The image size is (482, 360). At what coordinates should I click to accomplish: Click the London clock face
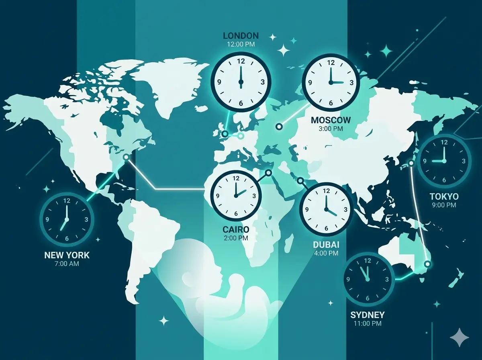pyautogui.click(x=241, y=82)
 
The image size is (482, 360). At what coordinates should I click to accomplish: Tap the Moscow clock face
pyautogui.click(x=331, y=82)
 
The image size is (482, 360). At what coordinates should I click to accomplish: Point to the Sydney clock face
pyautogui.click(x=368, y=279)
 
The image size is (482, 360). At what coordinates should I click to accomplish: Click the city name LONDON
pyautogui.click(x=241, y=36)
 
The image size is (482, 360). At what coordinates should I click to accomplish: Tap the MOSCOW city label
pyautogui.click(x=331, y=120)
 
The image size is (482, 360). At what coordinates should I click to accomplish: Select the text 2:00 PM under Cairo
pyautogui.click(x=236, y=238)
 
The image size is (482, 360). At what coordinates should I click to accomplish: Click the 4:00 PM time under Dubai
pyautogui.click(x=326, y=253)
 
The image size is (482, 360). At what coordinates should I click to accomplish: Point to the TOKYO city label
pyautogui.click(x=444, y=196)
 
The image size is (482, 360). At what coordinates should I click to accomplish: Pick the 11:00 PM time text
pyautogui.click(x=368, y=323)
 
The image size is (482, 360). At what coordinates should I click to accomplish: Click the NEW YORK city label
pyautogui.click(x=67, y=255)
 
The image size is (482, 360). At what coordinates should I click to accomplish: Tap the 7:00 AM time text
pyautogui.click(x=67, y=264)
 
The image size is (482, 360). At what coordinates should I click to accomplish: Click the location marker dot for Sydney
pyautogui.click(x=427, y=264)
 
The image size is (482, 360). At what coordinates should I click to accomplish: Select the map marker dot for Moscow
pyautogui.click(x=278, y=127)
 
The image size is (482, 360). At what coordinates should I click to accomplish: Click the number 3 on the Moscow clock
pyautogui.click(x=351, y=82)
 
